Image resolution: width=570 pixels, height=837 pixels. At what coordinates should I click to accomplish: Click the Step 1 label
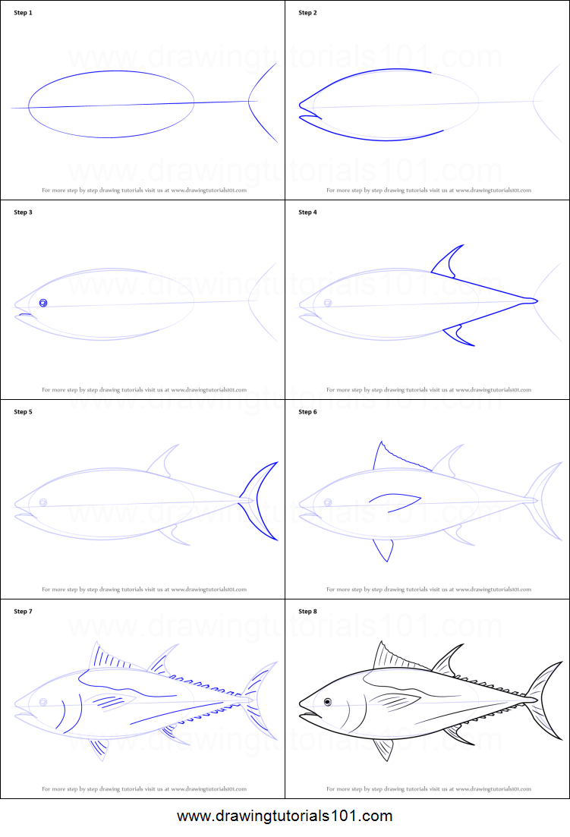click(x=24, y=13)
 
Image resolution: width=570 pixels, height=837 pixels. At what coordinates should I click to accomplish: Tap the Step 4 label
click(x=308, y=212)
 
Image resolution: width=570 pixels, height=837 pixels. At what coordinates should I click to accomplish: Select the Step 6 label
click(x=308, y=412)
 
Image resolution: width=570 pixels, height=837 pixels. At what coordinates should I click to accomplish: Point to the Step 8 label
click(x=308, y=612)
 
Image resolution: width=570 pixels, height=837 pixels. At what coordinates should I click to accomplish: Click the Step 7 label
click(x=24, y=612)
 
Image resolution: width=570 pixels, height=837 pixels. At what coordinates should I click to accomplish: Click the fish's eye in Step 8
click(x=328, y=701)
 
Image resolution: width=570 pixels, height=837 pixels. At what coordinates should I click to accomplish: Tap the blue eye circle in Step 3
click(x=43, y=303)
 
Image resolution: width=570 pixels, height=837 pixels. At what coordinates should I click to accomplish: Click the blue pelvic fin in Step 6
click(x=384, y=549)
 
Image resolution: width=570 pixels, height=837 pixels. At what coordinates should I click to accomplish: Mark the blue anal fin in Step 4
click(x=458, y=334)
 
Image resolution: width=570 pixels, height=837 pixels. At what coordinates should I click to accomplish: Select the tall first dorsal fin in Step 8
click(x=387, y=657)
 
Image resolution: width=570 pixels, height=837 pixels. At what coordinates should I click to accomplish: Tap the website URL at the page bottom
click(x=285, y=817)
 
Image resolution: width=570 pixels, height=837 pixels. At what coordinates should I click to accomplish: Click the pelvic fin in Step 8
click(x=383, y=747)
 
